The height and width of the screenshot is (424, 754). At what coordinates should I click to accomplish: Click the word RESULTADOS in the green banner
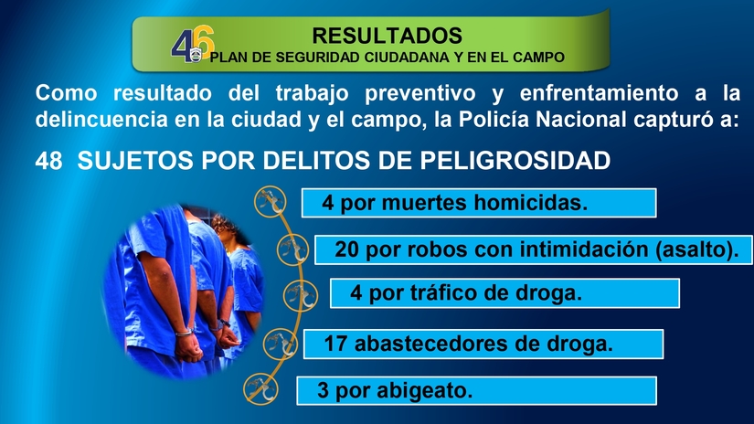pos(387,36)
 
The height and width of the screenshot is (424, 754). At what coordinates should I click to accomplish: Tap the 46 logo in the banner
pos(192,46)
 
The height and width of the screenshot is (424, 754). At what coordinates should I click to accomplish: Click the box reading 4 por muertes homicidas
pos(479,202)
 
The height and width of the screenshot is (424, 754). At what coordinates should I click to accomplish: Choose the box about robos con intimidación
pos(527,249)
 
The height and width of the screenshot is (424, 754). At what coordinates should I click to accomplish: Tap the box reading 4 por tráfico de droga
pos(504,293)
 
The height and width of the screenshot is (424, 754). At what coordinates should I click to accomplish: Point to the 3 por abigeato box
pos(476,391)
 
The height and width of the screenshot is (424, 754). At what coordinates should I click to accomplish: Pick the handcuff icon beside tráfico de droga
pos(294,294)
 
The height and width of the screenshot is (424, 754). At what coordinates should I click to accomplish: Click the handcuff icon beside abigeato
pos(259,389)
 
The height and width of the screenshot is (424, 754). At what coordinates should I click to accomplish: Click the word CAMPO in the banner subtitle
pos(536,58)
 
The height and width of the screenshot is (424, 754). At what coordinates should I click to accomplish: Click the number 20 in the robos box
pos(347,249)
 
